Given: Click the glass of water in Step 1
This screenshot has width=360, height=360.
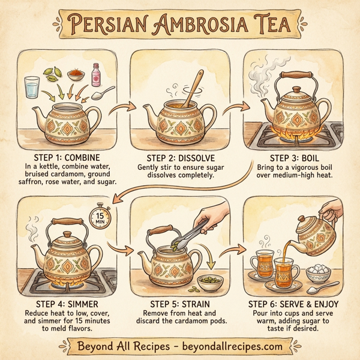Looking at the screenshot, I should point(31,88).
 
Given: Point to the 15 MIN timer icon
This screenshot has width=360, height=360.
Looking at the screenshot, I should point(101,217).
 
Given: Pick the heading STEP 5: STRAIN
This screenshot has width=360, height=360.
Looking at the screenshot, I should point(179,304).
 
